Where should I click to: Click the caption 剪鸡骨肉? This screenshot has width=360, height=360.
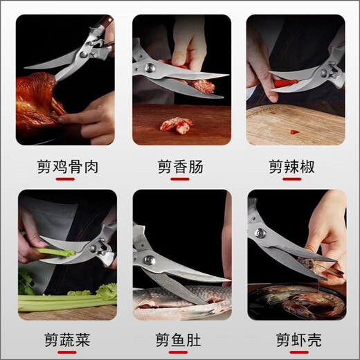coord(66,166)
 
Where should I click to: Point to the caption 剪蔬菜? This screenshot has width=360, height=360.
coord(66,340)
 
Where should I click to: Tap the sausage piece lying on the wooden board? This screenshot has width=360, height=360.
coord(177,125)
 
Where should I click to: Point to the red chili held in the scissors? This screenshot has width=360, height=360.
coord(285,82)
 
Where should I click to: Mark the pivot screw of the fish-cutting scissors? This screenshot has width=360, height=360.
coord(149,260)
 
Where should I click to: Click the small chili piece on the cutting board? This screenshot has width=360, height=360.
coord(294,131)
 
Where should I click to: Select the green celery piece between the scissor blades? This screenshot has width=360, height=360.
coord(55,252)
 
